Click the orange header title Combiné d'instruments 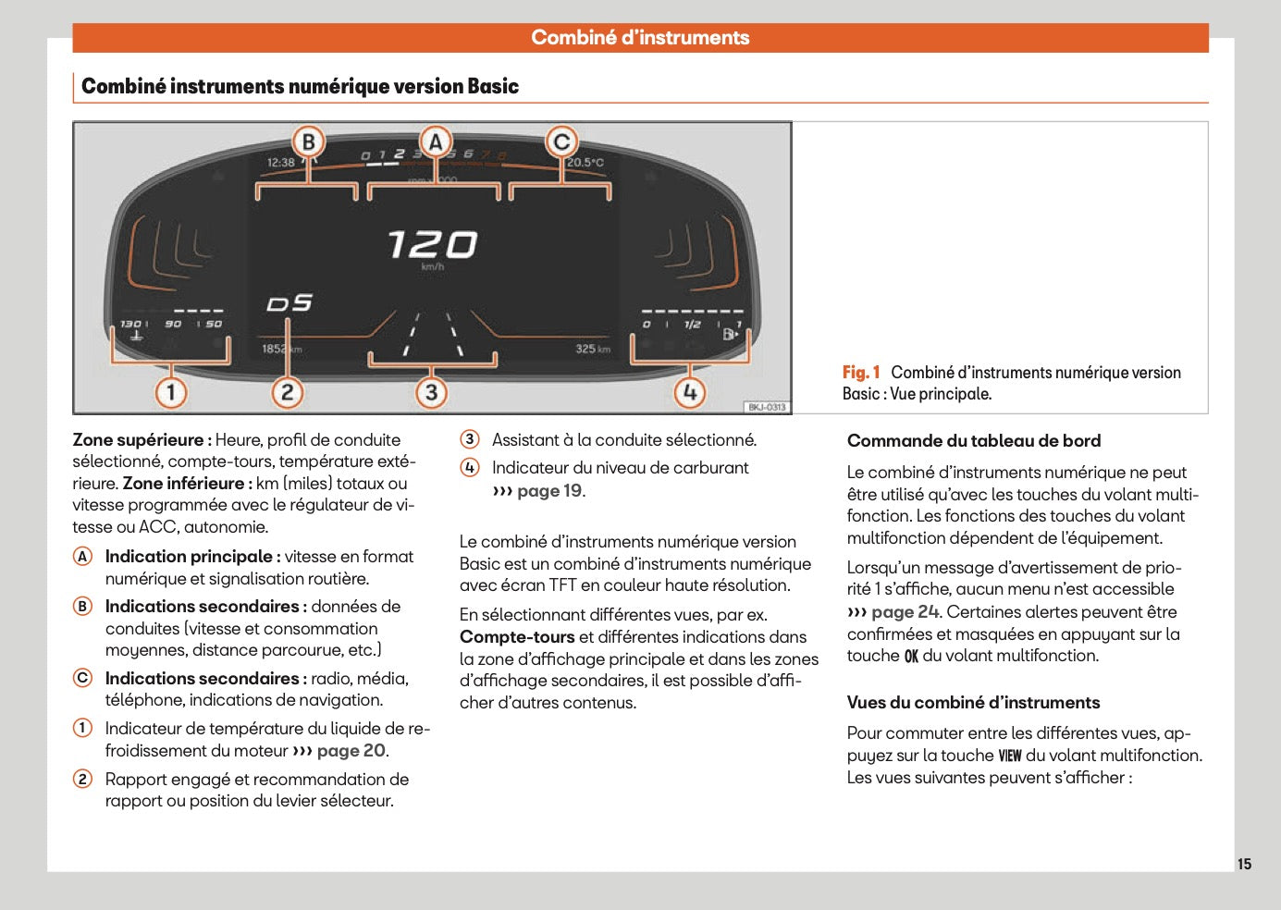640,38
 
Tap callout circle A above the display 436,142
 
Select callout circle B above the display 309,142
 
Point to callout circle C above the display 561,142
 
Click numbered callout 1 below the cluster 171,392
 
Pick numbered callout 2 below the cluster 287,392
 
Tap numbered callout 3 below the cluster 431,392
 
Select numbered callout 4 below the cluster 689,392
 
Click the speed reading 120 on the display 432,245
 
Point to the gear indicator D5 289,303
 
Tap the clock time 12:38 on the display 281,163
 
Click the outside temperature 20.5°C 585,163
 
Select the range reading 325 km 593,349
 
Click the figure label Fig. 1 861,373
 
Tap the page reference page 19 549,491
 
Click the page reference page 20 351,751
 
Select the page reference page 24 905,612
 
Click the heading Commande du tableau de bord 974,441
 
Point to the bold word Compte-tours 517,637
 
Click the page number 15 1244,864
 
